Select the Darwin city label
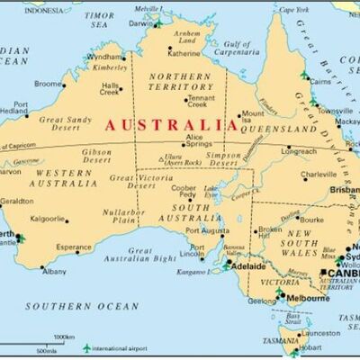click(139, 23)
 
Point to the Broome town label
click(49, 84)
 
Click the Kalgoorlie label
click(48, 218)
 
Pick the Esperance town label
click(74, 247)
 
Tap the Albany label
click(54, 270)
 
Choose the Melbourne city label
click(308, 296)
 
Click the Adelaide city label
click(248, 266)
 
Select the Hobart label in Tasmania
click(310, 346)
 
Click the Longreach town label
click(299, 151)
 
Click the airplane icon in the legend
click(87, 347)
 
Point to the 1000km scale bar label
click(64, 337)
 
